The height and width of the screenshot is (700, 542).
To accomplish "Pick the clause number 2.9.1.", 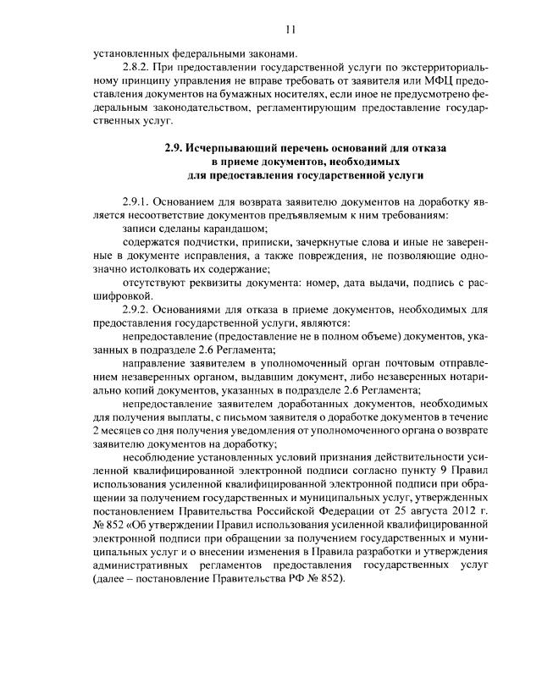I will click(136, 203).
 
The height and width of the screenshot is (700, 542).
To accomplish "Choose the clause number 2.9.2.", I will click(136, 309).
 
